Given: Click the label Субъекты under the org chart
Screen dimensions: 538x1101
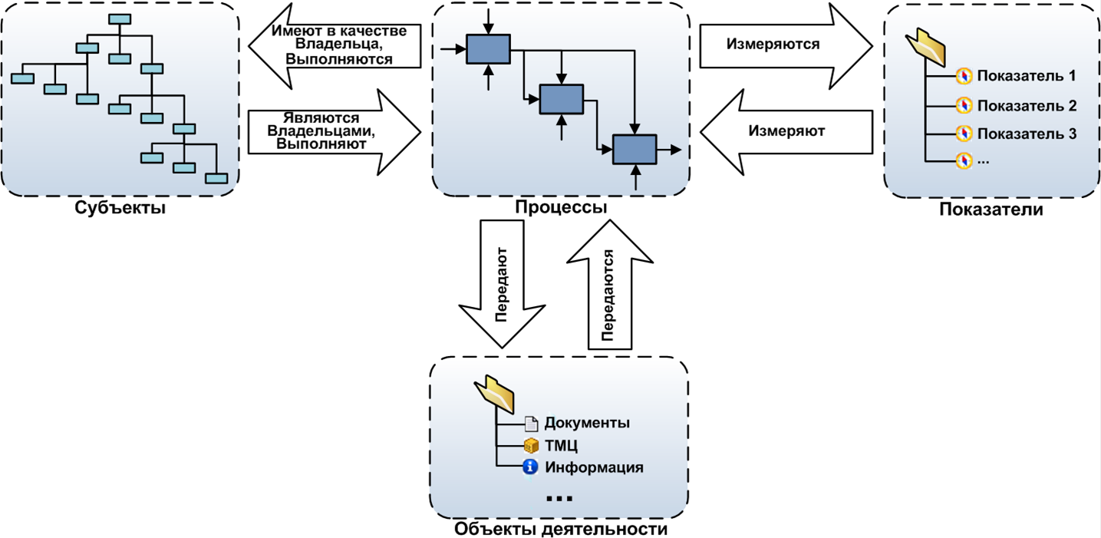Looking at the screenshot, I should (120, 208).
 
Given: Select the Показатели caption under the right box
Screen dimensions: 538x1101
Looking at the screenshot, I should (991, 210).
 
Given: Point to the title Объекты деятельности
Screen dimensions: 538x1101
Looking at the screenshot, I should (560, 529).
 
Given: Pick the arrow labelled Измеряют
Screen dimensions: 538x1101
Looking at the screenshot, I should (786, 131).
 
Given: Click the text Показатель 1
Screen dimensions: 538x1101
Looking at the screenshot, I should (1027, 76).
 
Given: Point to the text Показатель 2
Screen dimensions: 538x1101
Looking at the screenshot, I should (1027, 105).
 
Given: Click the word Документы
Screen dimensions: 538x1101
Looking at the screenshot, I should (587, 423).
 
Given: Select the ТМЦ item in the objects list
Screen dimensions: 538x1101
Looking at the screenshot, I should (561, 445).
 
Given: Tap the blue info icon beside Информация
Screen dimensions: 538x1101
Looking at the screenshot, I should (529, 467).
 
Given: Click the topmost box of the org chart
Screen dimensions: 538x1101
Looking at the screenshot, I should (119, 20).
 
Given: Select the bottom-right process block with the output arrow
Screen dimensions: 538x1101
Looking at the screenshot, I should (634, 149).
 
